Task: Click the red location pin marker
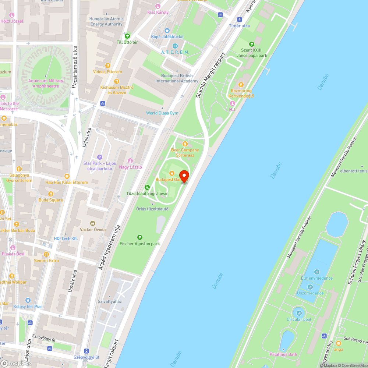pyautogui.click(x=184, y=176)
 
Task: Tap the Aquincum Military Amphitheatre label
pyautogui.click(x=46, y=83)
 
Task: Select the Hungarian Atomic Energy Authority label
pyautogui.click(x=106, y=22)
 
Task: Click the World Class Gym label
pyautogui.click(x=162, y=113)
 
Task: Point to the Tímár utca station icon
pyautogui.click(x=240, y=20)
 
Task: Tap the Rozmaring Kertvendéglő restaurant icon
pyautogui.click(x=241, y=85)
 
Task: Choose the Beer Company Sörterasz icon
pyautogui.click(x=185, y=144)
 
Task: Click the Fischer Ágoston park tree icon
pyautogui.click(x=139, y=237)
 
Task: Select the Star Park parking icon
pyautogui.click(x=99, y=157)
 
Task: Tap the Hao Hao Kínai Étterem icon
pyautogui.click(x=67, y=176)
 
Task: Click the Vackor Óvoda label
pyautogui.click(x=93, y=230)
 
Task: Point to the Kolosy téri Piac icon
pyautogui.click(x=28, y=301)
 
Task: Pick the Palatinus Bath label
pyautogui.click(x=283, y=354)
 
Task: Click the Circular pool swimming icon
pyautogui.click(x=299, y=313)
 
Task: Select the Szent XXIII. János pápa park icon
pyautogui.click(x=252, y=44)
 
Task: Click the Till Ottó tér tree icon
pyautogui.click(x=127, y=36)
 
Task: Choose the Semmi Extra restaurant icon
pyautogui.click(x=46, y=254)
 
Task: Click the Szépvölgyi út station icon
pyautogui.click(x=86, y=351)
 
